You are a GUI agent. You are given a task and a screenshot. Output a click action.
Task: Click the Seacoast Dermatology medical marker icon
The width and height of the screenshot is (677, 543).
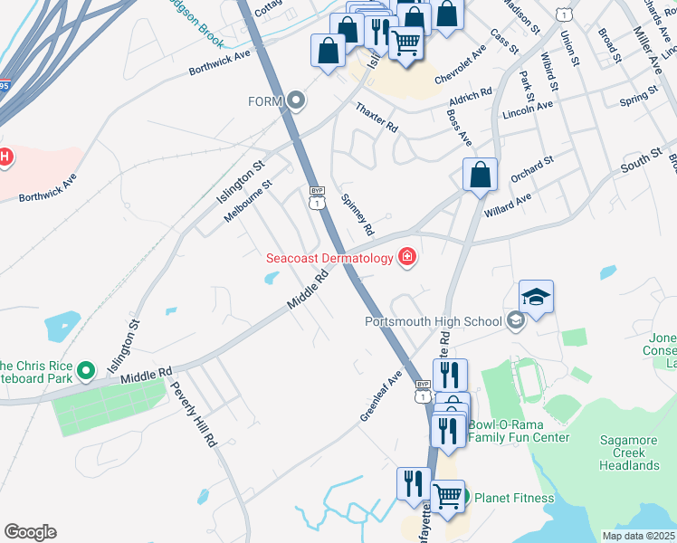pyautogui.click(x=407, y=258)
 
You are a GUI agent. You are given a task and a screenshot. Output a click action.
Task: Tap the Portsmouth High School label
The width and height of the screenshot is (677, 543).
pyautogui.click(x=433, y=321)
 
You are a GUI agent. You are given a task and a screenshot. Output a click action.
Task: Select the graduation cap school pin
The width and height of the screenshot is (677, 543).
pyautogui.click(x=536, y=297)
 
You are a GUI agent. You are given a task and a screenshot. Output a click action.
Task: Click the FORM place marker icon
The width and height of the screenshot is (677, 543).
pyautogui.click(x=296, y=100)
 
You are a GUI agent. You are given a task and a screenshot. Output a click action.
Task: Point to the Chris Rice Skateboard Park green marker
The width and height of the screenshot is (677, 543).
pyautogui.click(x=86, y=369)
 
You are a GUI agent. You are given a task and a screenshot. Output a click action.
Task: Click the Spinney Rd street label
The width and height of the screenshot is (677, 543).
pyautogui.click(x=356, y=215)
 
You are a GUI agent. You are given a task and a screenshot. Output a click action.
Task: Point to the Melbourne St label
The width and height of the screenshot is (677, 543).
pyautogui.click(x=248, y=202)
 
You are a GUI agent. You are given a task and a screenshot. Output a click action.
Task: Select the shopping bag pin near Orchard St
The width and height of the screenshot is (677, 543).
pyautogui.click(x=480, y=176)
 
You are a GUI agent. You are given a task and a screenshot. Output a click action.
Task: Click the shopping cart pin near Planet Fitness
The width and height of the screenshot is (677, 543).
pyautogui.click(x=447, y=497)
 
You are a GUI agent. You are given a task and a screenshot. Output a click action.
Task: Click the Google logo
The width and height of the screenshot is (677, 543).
pyautogui.click(x=30, y=532)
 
